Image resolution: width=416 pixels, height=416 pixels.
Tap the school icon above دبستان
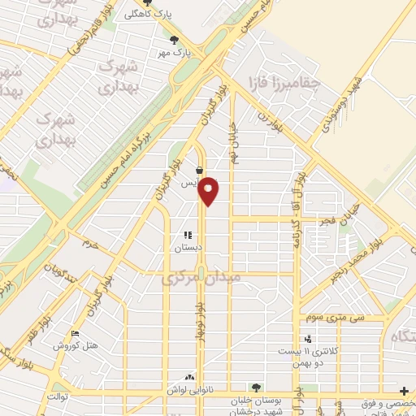coord(188,236)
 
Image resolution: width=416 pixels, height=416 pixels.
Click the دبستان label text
coord(188,249)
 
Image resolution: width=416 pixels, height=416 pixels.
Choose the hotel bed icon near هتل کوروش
coord(76,333)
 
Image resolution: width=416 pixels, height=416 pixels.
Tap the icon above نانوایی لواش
coord(190,378)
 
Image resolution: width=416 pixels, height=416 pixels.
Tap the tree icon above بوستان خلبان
coord(257,388)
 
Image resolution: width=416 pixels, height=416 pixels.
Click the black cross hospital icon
coord(405,391)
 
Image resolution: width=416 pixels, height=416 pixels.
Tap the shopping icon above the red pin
coord(200,171)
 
